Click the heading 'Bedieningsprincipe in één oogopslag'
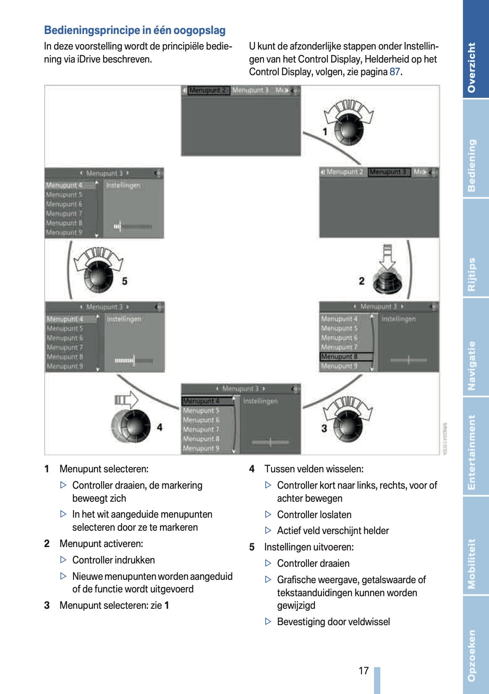coord(135,30)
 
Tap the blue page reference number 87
coord(395,72)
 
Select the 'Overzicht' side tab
coord(475,67)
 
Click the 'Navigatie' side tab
coord(475,365)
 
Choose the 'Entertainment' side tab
coord(475,453)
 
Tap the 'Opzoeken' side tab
coord(475,655)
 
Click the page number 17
coord(363,670)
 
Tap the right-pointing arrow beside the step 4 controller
coord(126,400)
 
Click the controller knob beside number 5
coord(99,276)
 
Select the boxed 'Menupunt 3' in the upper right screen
coord(388,172)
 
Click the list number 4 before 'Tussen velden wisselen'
coord(252,469)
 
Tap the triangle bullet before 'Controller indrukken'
coord(63,560)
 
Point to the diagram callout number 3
coord(324,428)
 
